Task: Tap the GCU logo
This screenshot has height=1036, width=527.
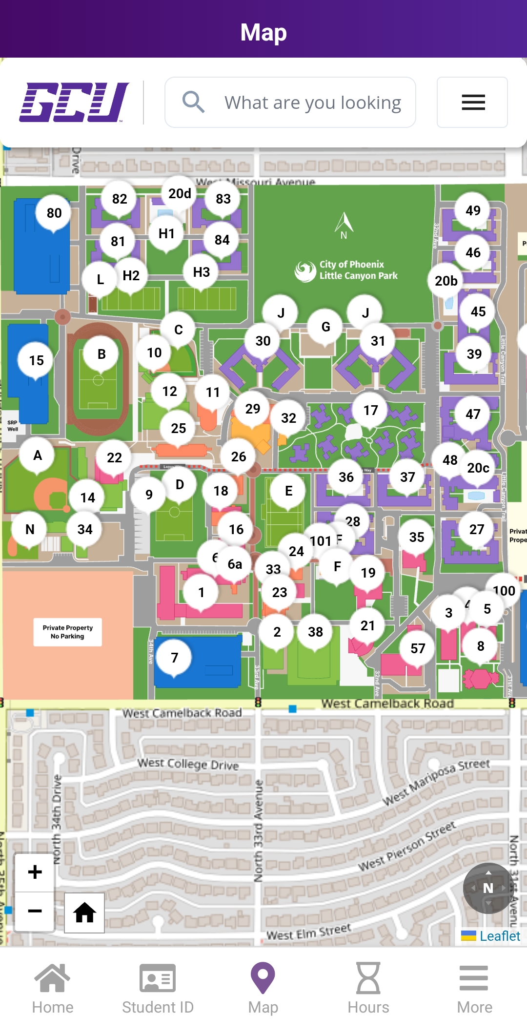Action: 74,102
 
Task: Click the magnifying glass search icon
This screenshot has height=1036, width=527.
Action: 193,102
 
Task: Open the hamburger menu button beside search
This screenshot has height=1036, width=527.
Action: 472,102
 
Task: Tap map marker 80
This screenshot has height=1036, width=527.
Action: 54,213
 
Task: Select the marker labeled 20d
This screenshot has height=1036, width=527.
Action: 180,193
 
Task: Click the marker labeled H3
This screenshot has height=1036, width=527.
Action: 201,272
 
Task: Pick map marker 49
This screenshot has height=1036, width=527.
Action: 472,210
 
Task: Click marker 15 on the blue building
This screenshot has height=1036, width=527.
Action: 36,360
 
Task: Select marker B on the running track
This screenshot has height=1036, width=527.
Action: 101,354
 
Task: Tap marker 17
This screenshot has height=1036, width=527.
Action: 370,410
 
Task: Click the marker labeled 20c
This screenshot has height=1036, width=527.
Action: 478,468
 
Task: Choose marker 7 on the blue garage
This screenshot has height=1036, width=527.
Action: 174,658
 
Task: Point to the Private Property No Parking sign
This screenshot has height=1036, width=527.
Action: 67,632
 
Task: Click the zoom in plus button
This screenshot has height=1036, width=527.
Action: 35,872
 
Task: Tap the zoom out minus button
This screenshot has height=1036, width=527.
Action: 35,911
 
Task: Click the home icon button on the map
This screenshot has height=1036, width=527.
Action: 84,912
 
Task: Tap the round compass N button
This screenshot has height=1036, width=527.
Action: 487,888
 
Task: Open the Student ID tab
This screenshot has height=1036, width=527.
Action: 158,988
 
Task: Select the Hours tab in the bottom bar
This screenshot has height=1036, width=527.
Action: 368,988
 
